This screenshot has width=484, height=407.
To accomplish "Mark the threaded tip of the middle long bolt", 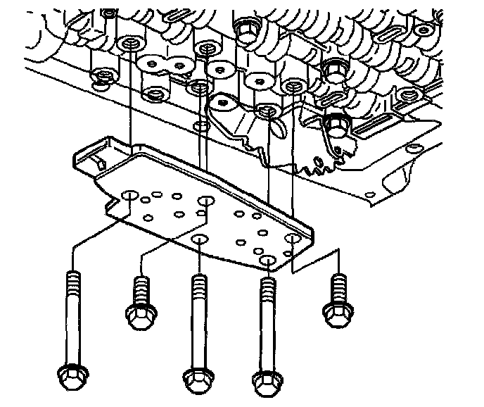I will [199, 282].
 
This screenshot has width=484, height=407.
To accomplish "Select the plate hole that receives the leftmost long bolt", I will [129, 196].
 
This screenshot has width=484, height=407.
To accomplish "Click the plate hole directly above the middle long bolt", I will [199, 242].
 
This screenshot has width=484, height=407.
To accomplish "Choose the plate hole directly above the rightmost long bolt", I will [268, 261].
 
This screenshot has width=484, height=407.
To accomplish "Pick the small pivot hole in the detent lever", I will [223, 104].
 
